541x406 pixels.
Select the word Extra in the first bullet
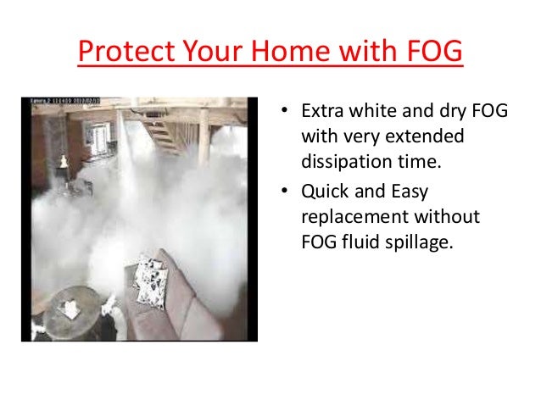click(x=321, y=113)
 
